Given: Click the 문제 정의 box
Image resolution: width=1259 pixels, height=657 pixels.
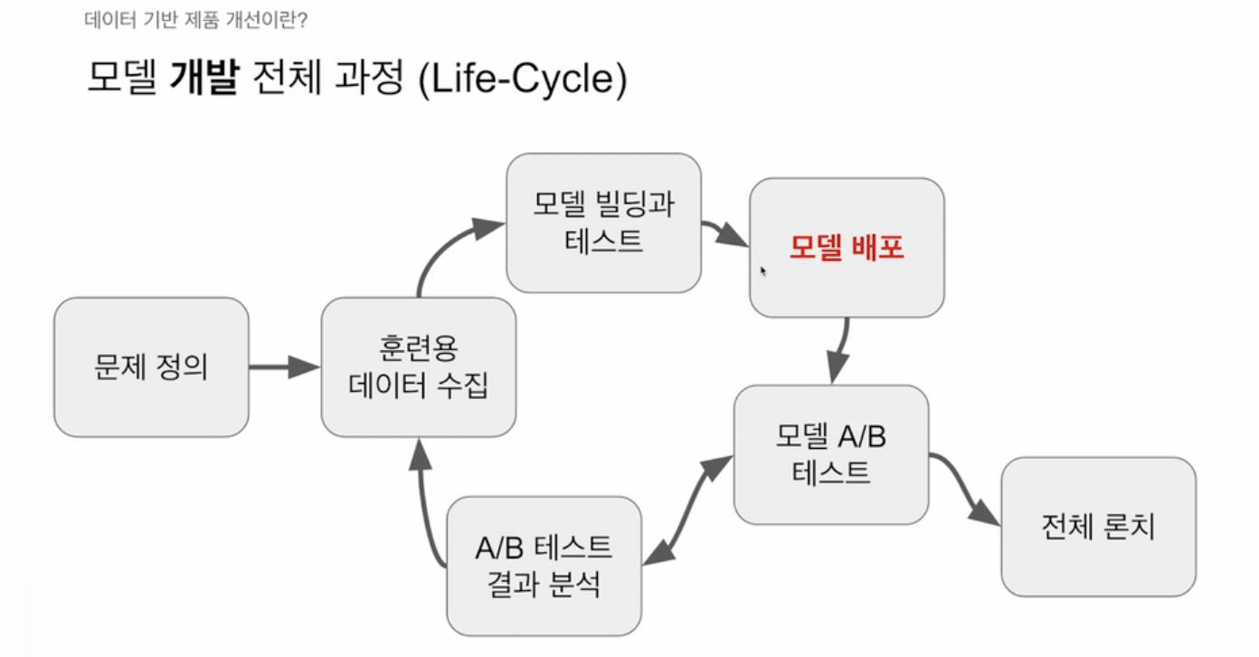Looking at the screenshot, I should click(151, 367).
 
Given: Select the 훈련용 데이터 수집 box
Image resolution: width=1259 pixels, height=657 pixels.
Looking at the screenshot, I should click(418, 367).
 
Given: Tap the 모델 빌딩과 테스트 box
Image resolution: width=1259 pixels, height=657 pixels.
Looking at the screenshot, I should click(603, 223).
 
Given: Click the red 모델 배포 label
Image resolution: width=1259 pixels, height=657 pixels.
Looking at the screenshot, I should click(847, 247).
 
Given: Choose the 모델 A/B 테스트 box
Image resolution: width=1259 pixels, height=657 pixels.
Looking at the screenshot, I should click(830, 454).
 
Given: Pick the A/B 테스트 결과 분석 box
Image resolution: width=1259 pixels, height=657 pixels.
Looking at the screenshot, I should click(544, 566).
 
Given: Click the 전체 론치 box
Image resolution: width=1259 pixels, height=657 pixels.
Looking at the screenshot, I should click(1098, 527).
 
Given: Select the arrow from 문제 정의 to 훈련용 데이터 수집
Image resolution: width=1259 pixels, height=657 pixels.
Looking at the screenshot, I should click(283, 367).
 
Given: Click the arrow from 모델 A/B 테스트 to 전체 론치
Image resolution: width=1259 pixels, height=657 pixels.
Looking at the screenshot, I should click(964, 489).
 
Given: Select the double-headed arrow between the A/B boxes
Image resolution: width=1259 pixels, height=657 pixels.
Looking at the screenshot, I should click(688, 511).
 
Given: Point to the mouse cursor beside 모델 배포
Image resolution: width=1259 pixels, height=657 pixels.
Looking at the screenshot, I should click(763, 269).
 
